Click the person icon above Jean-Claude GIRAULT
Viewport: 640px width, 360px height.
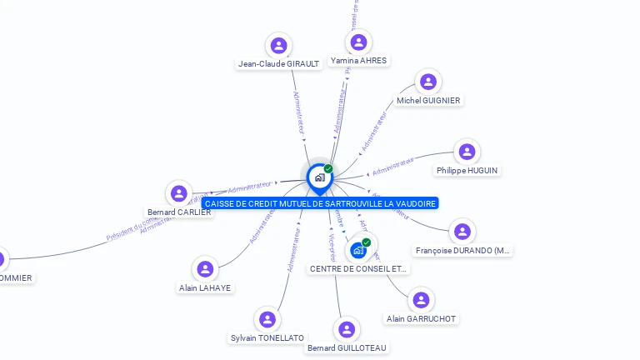pyautogui.click(x=278, y=45)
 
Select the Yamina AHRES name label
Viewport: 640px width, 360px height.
pyautogui.click(x=358, y=61)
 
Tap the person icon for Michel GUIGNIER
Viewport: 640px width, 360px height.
pyautogui.click(x=427, y=82)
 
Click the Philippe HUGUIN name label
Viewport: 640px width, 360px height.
pyautogui.click(x=467, y=171)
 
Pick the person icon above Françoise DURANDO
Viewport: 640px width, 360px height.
pyautogui.click(x=462, y=232)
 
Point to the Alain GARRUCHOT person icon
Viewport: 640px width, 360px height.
pyautogui.click(x=422, y=300)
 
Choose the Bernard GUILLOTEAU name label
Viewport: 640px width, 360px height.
pyautogui.click(x=347, y=347)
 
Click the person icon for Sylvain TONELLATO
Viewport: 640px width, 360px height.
pyautogui.click(x=267, y=320)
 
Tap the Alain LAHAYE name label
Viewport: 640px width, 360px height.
pyautogui.click(x=205, y=288)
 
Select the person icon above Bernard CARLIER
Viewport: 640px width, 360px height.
pyautogui.click(x=178, y=194)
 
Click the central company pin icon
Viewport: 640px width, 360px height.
pyautogui.click(x=319, y=177)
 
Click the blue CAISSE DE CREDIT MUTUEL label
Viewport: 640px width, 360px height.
pyautogui.click(x=320, y=203)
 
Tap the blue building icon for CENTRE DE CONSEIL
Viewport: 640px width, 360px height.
pyautogui.click(x=358, y=250)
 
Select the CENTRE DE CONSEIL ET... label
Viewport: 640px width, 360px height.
pyautogui.click(x=358, y=269)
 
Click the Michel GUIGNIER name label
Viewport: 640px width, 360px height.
pyautogui.click(x=428, y=101)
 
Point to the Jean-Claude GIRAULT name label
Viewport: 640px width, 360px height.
pyautogui.click(x=278, y=64)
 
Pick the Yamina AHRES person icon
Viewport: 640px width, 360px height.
pyautogui.click(x=358, y=42)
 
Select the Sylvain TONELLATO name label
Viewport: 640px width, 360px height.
pyautogui.click(x=267, y=338)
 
